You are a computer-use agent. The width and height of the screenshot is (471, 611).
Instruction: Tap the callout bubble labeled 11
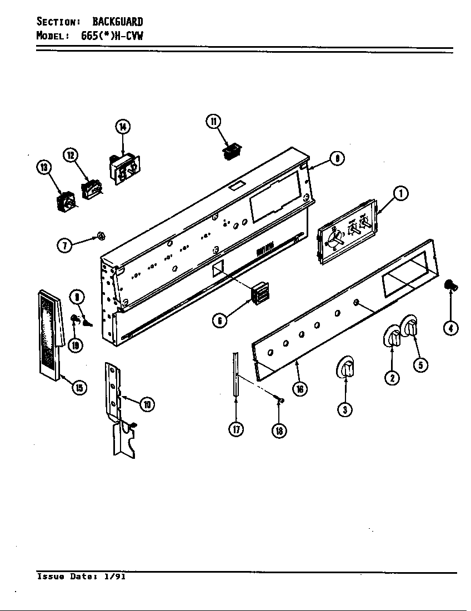(213, 121)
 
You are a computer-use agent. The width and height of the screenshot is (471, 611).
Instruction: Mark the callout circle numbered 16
(299, 389)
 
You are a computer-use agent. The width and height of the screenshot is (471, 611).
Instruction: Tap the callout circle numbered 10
(147, 404)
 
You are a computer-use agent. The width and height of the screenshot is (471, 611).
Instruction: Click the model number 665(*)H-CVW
(111, 36)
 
